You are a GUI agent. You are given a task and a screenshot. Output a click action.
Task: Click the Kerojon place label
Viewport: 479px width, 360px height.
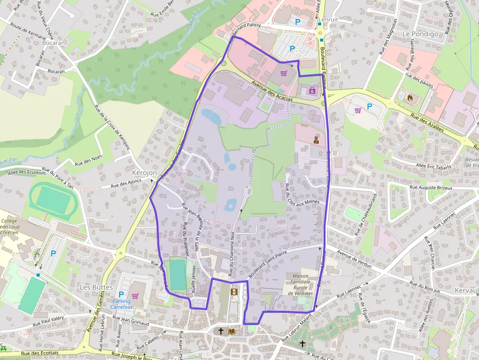144,173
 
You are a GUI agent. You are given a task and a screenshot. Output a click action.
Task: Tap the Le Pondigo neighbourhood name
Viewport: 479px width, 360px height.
420,34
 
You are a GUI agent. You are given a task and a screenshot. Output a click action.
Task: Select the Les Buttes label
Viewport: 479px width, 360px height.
96,287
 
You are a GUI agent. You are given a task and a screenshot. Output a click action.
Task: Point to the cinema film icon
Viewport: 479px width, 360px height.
234,292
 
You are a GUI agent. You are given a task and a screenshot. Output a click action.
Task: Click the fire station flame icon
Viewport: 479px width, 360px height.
410,97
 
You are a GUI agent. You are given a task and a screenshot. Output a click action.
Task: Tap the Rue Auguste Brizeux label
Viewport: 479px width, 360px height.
431,188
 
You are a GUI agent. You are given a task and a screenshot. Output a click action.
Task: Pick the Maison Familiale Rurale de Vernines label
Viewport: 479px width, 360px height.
297,284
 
